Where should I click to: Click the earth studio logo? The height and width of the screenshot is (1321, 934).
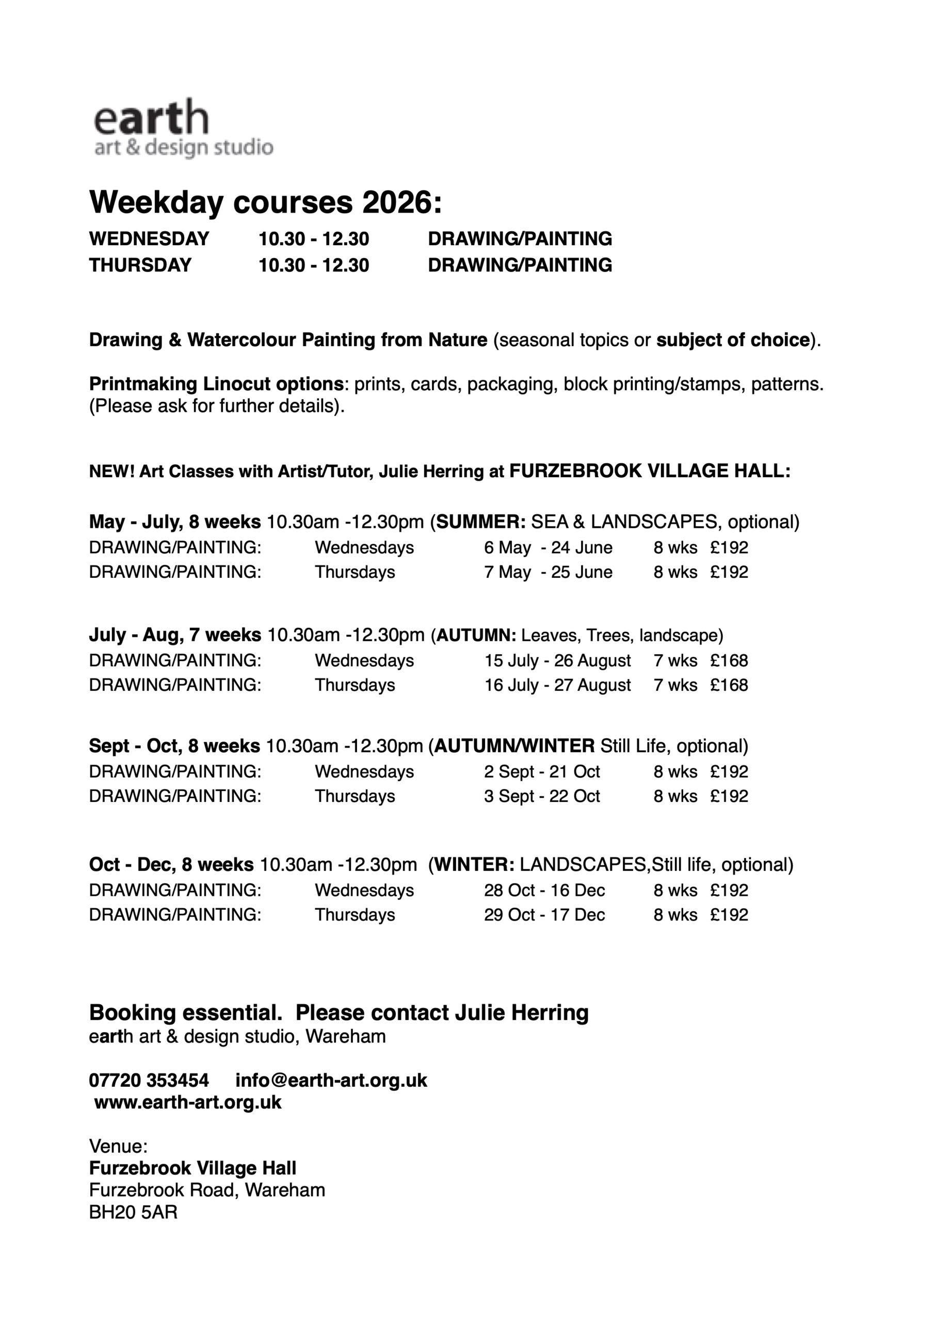click(183, 128)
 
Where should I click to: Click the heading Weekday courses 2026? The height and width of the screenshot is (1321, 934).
click(265, 202)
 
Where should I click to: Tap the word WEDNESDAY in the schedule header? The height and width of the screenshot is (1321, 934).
click(149, 239)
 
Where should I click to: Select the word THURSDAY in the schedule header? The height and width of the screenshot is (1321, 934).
click(140, 265)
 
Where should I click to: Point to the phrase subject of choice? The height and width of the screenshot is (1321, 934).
click(733, 340)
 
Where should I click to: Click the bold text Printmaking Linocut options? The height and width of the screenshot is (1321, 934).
click(216, 384)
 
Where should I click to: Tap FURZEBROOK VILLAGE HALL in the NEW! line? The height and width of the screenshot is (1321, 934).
click(650, 471)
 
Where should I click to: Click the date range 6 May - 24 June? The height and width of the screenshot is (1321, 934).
click(548, 547)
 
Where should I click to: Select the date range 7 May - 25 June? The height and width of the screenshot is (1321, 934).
click(548, 572)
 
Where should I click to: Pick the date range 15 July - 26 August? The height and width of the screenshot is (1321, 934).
click(557, 660)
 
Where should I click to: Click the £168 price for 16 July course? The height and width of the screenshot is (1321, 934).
click(729, 685)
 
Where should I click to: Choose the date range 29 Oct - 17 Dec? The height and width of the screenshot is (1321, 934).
click(544, 914)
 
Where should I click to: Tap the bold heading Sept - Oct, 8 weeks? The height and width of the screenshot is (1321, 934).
click(174, 746)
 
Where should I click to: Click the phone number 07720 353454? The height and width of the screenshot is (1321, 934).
click(149, 1080)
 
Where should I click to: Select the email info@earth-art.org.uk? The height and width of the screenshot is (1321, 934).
click(331, 1080)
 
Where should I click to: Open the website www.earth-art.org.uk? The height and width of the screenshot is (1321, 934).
click(188, 1102)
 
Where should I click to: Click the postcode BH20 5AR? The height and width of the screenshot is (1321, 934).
click(133, 1212)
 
